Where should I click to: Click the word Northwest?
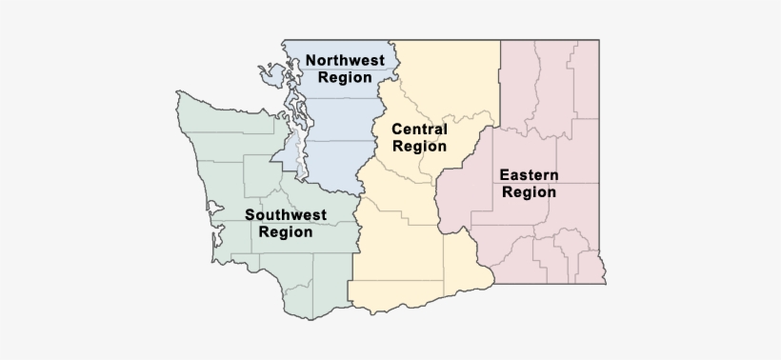(345, 61)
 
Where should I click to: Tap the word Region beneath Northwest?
(345, 78)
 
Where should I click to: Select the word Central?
(419, 130)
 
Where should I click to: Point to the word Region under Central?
(419, 147)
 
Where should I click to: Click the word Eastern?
(529, 174)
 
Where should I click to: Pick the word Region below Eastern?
(529, 191)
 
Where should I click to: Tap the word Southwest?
(286, 214)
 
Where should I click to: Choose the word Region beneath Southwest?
(286, 231)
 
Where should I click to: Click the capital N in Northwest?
(310, 61)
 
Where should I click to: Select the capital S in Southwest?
(250, 214)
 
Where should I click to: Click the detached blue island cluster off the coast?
(266, 70)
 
